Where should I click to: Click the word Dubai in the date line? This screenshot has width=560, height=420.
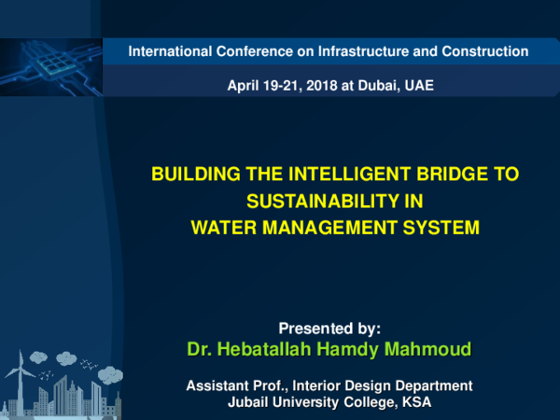point(385,86)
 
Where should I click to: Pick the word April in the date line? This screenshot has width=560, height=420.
point(245,86)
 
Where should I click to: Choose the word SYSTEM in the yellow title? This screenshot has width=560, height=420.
point(443,226)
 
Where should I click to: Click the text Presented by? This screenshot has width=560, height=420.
point(330,329)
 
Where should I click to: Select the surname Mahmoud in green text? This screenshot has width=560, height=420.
point(427,350)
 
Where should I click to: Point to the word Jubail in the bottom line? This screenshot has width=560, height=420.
point(249,402)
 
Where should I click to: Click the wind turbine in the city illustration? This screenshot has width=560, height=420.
point(14,373)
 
